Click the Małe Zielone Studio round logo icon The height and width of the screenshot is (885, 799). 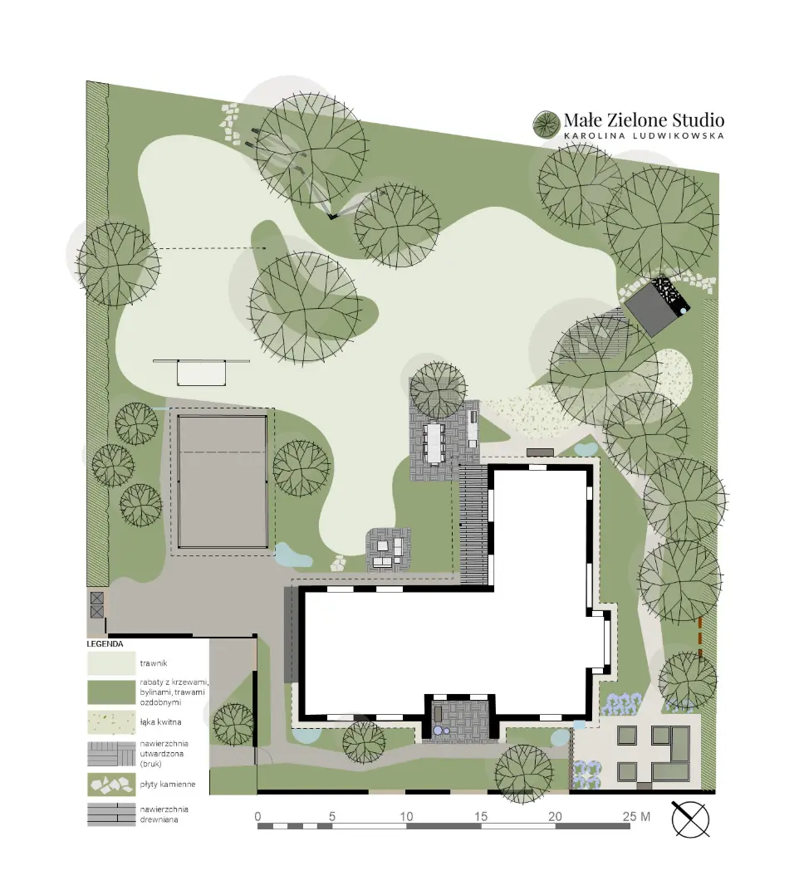[x=547, y=124]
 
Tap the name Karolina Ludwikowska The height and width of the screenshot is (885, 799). [x=645, y=135]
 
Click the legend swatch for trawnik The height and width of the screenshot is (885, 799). [x=111, y=664]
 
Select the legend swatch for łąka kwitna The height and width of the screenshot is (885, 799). [x=111, y=722]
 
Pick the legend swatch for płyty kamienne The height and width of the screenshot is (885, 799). [x=111, y=785]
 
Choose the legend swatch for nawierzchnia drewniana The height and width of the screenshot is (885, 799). [x=111, y=814]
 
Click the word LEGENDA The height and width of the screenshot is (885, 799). [x=105, y=643]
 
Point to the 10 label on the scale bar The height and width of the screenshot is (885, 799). [x=406, y=816]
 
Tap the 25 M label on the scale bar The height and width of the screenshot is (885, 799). [x=636, y=816]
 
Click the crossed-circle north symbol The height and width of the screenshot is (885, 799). [x=690, y=819]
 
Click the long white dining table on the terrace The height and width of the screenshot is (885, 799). [x=434, y=443]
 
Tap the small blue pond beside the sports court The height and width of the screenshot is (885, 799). [x=291, y=556]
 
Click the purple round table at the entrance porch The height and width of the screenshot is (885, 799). [x=438, y=731]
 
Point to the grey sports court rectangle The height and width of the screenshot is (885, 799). [x=223, y=482]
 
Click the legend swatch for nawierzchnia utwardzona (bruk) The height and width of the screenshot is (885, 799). [x=111, y=754]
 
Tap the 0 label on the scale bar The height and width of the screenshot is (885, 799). [x=258, y=816]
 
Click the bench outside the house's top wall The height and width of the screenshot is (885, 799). [x=541, y=452]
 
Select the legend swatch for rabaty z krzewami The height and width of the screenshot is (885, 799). [x=111, y=692]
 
